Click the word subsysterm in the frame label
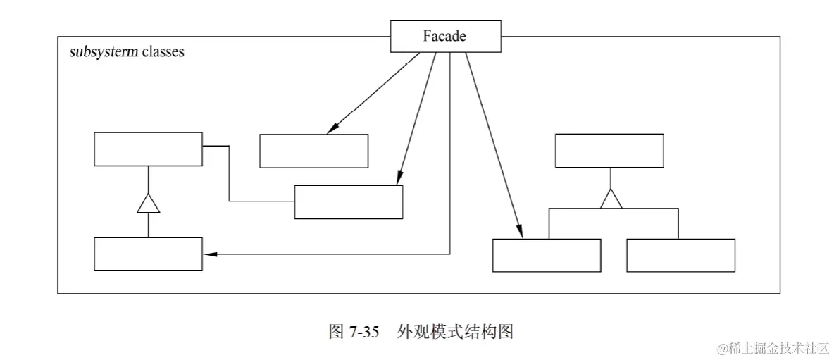pos(103,52)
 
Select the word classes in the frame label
pos(161,52)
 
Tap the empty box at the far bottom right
pos(680,255)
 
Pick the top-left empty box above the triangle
pos(148,149)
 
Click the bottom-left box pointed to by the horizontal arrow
pos(148,254)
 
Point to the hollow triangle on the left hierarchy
pos(148,204)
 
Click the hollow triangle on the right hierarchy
pos(610,199)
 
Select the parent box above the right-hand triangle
pos(609,151)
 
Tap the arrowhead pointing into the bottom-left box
pos(209,254)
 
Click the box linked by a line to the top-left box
pos(348,202)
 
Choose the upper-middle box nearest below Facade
pos(313,151)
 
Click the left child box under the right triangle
pos(547,255)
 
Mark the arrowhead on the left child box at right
pos(520,232)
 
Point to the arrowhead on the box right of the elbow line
pos(399,179)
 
